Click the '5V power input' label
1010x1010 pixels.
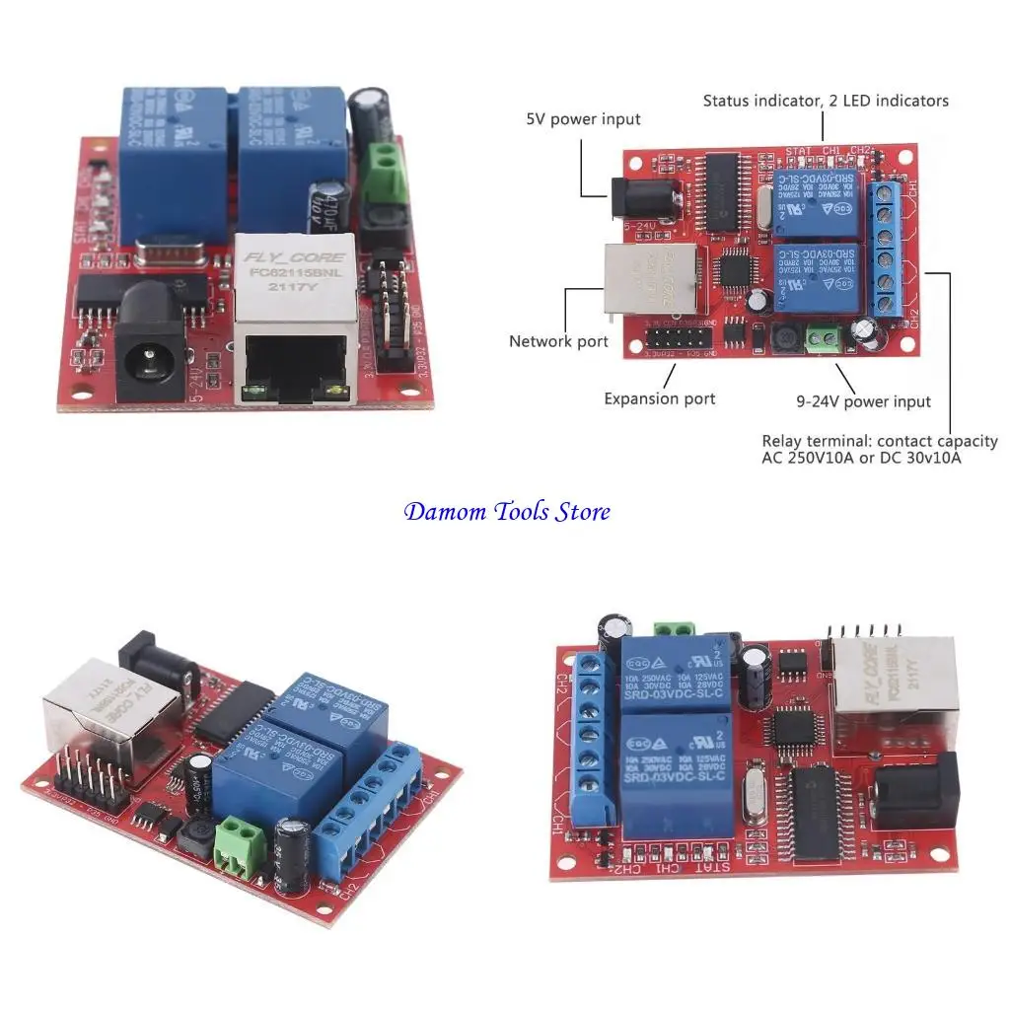pos(583,119)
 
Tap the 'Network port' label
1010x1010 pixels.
pos(558,341)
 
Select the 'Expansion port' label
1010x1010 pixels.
pos(660,398)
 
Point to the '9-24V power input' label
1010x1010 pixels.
pos(864,401)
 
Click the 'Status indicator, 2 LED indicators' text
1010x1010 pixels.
pos(826,101)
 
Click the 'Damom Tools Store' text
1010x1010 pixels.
pos(507,511)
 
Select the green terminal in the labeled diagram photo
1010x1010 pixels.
pos(822,339)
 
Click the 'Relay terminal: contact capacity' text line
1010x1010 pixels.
pos(879,441)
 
